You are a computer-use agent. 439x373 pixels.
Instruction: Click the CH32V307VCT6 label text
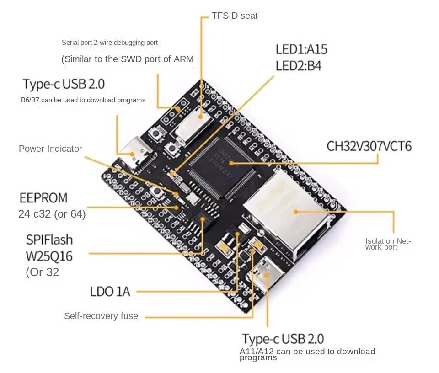click(x=369, y=146)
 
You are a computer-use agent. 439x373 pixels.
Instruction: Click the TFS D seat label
click(x=235, y=16)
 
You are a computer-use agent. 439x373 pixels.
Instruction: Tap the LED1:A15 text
click(x=301, y=49)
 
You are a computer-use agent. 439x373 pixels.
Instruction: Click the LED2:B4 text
click(x=298, y=66)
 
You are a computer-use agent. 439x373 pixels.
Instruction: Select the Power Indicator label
click(x=50, y=149)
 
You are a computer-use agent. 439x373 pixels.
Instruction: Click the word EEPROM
click(x=43, y=198)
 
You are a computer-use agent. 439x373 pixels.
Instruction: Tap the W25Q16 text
click(x=49, y=256)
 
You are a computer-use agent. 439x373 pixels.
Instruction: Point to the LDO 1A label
click(x=110, y=291)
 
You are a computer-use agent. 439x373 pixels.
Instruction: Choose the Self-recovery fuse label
click(x=101, y=316)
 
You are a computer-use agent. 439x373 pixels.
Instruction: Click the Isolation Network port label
click(x=388, y=244)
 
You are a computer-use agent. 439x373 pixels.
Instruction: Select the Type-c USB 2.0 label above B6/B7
click(x=64, y=84)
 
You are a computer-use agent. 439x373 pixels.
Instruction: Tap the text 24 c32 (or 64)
click(x=52, y=214)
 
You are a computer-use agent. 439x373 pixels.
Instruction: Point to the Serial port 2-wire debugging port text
click(x=110, y=43)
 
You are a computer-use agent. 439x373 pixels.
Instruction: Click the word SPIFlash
click(x=49, y=240)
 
